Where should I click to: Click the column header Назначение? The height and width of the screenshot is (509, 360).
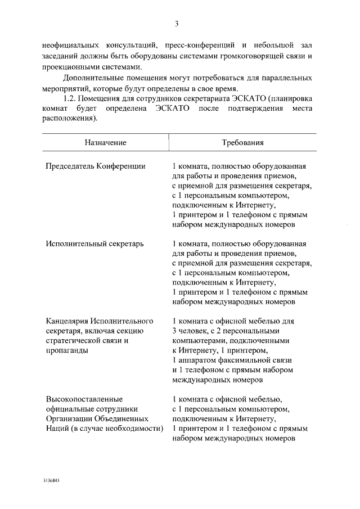coord(106,143)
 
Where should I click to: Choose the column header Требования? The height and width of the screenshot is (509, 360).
coord(243,143)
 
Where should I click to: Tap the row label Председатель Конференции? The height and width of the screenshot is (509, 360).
coord(96,166)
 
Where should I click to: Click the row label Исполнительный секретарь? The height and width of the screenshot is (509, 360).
coord(95,244)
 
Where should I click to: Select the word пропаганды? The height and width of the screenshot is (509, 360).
coord(67,350)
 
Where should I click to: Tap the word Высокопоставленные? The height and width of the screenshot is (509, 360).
coord(84,399)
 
